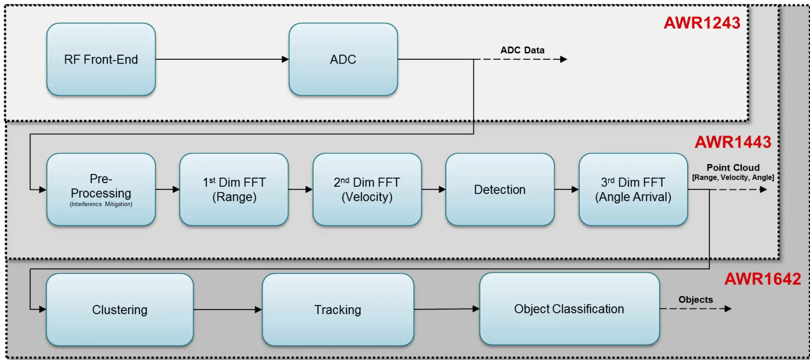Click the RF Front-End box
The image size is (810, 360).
click(101, 59)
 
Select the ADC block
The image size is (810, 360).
click(343, 59)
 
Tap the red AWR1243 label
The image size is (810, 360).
click(702, 23)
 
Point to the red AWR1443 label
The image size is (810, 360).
click(733, 142)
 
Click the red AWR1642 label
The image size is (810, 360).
click(762, 279)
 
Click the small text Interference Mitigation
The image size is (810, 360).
click(101, 204)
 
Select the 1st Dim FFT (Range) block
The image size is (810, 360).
click(234, 189)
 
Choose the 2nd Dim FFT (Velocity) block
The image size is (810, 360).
click(367, 189)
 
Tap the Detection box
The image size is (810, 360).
click(500, 189)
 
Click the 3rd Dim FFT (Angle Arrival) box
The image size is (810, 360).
click(633, 189)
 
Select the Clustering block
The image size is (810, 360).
click(120, 310)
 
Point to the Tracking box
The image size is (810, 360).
click(338, 310)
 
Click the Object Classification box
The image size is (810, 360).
click(569, 309)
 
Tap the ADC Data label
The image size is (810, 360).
click(522, 50)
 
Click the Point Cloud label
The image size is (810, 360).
click(733, 168)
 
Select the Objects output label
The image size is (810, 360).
click(695, 300)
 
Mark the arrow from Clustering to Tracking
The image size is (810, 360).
click(227, 310)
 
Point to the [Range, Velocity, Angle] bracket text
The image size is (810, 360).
click(733, 177)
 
